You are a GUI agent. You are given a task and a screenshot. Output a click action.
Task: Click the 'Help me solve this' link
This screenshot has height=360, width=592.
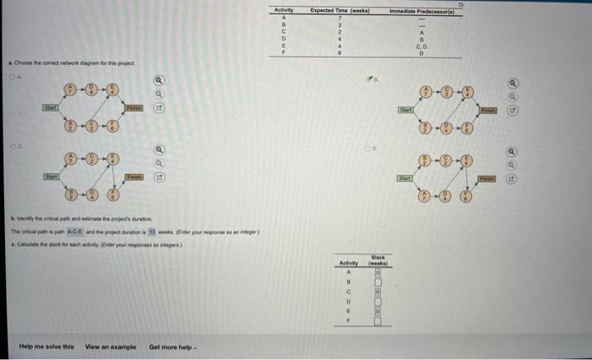click(46, 346)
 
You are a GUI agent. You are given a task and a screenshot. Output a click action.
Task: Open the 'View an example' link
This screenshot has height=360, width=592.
click(110, 346)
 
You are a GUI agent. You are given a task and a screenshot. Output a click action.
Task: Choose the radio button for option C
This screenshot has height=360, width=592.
click(11, 145)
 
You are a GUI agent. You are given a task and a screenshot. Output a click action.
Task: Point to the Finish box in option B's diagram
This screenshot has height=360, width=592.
click(490, 109)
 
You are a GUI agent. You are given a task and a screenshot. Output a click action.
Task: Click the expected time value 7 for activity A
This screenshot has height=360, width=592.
click(337, 17)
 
